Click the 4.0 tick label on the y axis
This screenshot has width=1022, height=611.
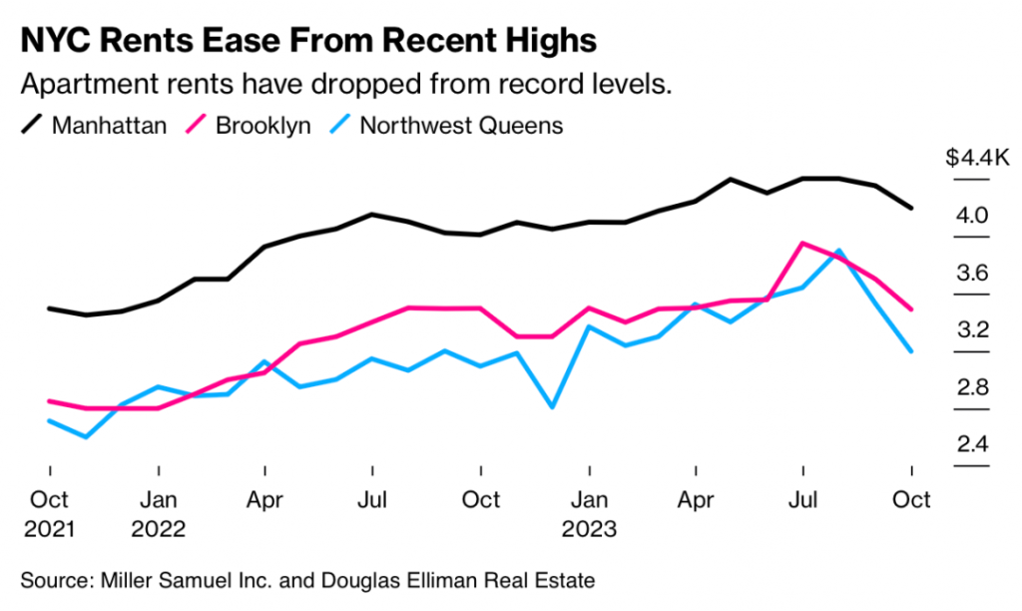[973, 216]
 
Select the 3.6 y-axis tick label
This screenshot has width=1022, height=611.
[973, 273]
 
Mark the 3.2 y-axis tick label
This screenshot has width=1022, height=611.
[973, 330]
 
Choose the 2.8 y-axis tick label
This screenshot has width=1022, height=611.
[973, 387]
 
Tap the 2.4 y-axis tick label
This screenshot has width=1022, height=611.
[973, 444]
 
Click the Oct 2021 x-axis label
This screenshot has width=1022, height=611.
[50, 513]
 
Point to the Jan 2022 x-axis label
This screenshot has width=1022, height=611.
[158, 513]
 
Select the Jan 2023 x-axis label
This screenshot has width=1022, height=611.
[589, 513]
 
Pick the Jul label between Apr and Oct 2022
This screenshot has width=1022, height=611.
[372, 498]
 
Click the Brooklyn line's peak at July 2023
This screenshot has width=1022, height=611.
[802, 243]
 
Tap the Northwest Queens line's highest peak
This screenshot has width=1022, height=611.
[839, 251]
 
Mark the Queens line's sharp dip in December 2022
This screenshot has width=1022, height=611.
[552, 406]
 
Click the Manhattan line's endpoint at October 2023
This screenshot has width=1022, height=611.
[910, 208]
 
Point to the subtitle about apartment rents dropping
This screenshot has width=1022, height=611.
[345, 84]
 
